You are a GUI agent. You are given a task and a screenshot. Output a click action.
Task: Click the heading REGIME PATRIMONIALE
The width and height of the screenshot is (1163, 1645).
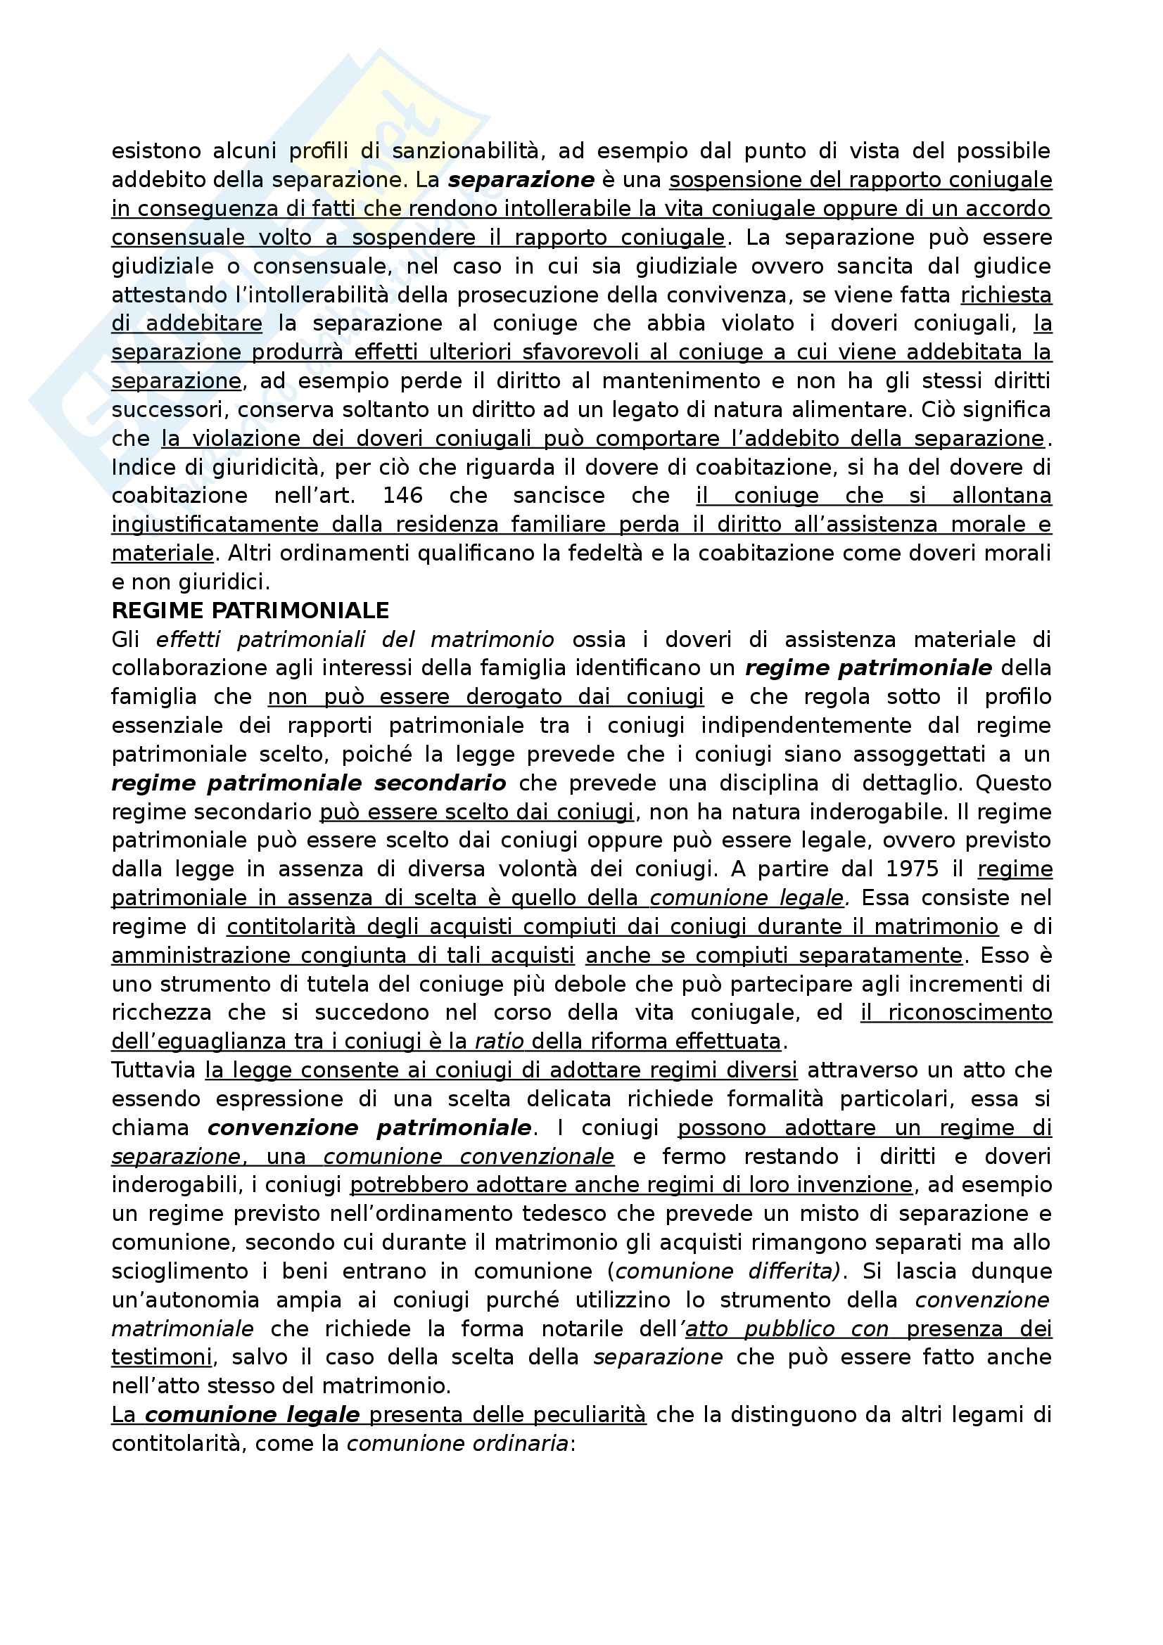(250, 610)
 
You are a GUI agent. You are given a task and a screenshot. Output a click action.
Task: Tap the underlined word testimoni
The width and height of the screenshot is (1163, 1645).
(162, 1357)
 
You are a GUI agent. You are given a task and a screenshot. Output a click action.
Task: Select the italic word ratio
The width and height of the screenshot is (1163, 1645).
(500, 1041)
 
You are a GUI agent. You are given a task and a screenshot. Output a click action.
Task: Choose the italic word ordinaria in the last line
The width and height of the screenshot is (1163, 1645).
(523, 1444)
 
